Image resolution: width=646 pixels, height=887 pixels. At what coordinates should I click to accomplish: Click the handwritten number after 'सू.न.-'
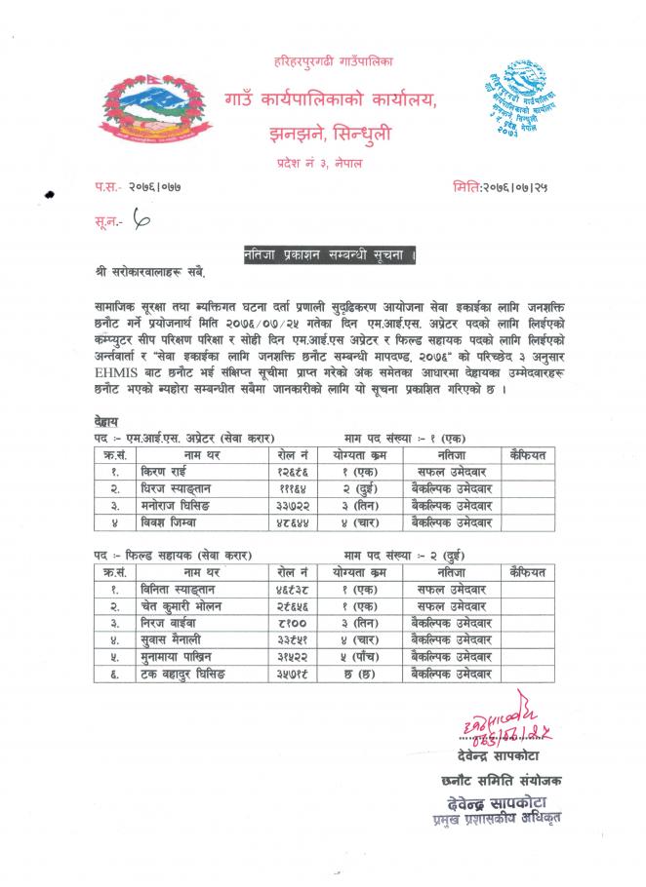click(145, 224)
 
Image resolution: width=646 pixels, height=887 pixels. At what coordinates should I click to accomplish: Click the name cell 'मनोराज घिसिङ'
click(202, 505)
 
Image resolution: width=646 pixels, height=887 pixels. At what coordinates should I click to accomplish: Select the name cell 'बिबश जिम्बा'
click(196, 521)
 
